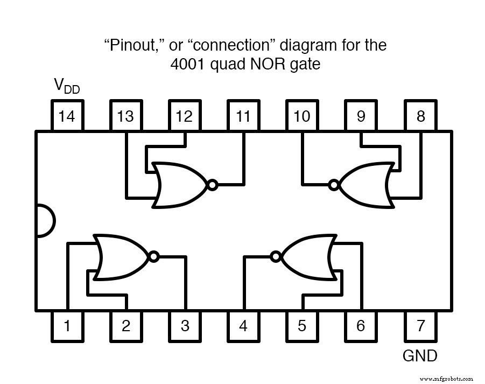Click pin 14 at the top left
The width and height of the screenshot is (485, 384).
tap(67, 116)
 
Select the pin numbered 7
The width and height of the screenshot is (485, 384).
tap(420, 326)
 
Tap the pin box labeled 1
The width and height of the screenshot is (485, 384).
tap(67, 326)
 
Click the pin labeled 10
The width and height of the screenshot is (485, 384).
tap(302, 116)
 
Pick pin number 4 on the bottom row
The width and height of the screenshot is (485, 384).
tap(243, 326)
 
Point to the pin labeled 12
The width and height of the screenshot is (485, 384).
tap(184, 116)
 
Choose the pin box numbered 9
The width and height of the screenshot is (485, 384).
tap(361, 116)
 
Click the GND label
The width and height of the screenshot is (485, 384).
tap(420, 356)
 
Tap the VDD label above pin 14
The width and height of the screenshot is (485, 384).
tap(66, 86)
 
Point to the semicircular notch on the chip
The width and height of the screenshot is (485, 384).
tap(45, 221)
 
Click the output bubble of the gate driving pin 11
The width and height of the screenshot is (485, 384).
tap(212, 185)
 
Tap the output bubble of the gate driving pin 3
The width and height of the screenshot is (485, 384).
tap(154, 257)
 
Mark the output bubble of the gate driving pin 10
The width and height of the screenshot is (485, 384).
tap(334, 185)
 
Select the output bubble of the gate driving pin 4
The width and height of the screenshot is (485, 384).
tap(276, 257)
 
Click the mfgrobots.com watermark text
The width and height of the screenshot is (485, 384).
tap(447, 378)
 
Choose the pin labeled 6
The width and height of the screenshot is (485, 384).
tap(361, 326)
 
